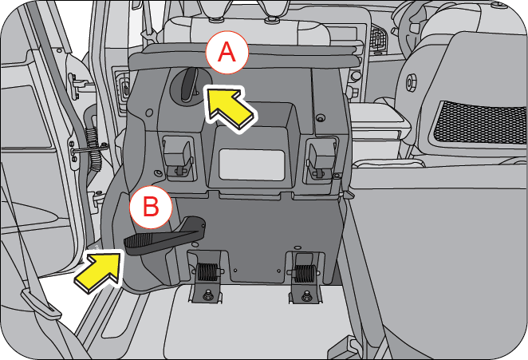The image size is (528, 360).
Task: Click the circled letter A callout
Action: (x=227, y=53)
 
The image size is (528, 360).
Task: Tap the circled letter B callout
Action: (x=151, y=209)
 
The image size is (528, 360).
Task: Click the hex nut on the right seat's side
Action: (x=413, y=82)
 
